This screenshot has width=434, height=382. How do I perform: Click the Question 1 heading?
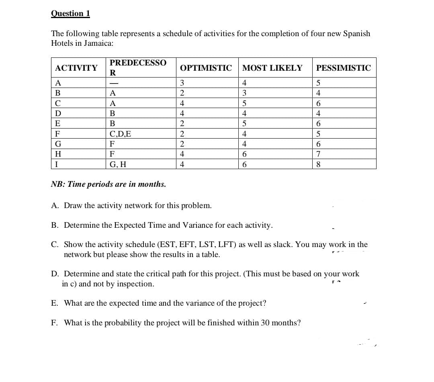[70, 13]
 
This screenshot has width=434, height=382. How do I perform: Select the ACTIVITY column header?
[76, 68]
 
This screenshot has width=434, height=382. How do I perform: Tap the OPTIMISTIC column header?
[206, 68]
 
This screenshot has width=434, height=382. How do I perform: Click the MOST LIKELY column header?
[272, 68]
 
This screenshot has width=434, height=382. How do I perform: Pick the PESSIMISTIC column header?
[344, 68]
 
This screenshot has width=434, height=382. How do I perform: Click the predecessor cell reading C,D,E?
[120, 134]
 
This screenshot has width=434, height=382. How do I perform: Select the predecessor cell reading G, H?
[119, 164]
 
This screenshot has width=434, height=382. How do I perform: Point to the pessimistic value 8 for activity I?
[319, 164]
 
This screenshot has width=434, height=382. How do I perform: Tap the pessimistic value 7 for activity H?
[319, 154]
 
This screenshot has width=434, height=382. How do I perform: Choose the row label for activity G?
[58, 144]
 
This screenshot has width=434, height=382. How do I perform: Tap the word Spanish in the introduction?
[356, 34]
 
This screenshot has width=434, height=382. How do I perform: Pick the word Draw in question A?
[73, 206]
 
